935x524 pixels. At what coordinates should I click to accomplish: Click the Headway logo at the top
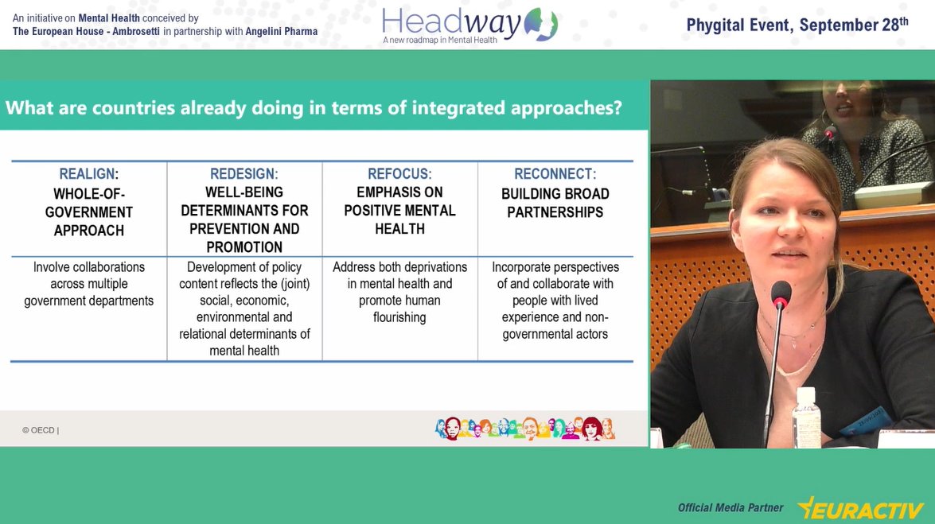[469, 24]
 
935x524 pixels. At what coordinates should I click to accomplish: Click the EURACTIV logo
[860, 507]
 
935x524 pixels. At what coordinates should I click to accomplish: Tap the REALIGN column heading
[88, 174]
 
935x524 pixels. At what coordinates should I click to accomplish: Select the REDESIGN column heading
[243, 174]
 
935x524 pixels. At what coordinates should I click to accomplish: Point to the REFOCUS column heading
[399, 174]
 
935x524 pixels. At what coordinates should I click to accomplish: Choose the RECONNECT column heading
[555, 174]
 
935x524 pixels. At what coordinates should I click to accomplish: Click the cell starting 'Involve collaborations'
[88, 284]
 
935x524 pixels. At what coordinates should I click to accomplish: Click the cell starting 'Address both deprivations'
[399, 292]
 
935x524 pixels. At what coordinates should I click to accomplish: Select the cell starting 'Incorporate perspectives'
[555, 301]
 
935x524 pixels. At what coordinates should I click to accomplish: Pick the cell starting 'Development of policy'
[244, 309]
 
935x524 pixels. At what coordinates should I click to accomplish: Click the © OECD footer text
[40, 430]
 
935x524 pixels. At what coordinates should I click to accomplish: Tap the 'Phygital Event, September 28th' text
[797, 25]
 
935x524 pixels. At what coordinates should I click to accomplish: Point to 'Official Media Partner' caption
[730, 507]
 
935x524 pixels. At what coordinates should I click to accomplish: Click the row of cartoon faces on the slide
[525, 429]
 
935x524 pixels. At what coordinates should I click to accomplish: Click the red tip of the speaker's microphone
[781, 294]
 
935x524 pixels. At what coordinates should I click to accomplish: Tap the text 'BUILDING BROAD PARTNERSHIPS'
[555, 203]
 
